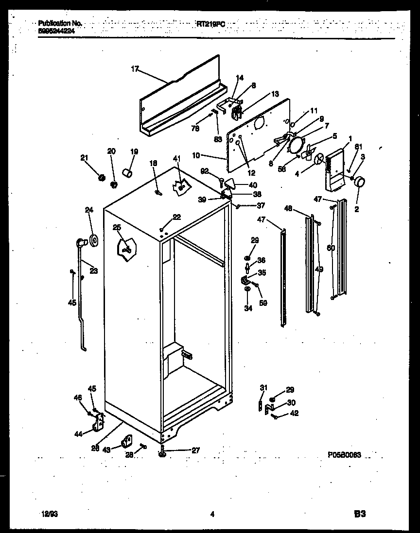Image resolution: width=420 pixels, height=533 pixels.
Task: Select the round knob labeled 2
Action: pos(360,183)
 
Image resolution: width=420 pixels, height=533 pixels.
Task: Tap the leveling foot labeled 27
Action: pos(162,453)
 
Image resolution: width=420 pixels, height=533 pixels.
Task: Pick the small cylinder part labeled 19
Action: pos(127,172)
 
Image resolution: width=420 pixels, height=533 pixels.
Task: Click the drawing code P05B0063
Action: pos(347,456)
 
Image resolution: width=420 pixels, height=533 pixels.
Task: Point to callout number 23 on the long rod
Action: pos(94,271)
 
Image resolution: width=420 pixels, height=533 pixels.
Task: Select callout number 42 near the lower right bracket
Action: pos(294,414)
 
